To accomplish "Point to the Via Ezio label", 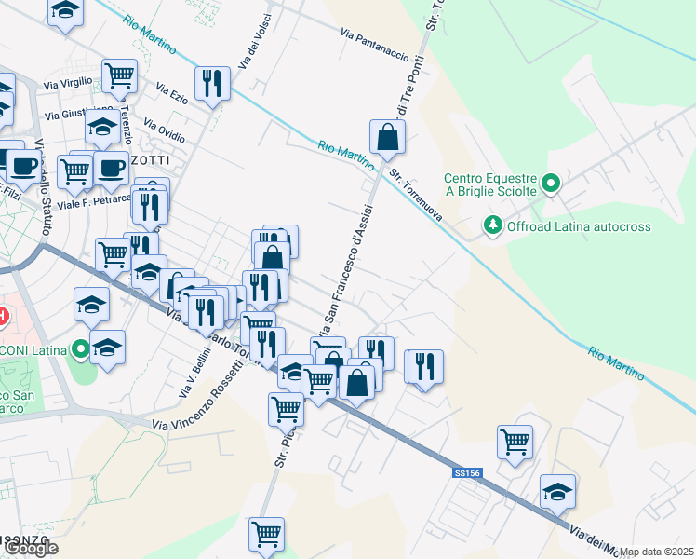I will pos(173,94).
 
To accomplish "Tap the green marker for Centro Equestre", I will pos(550,183).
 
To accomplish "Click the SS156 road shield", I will pos(467,473).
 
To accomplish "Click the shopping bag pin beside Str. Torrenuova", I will pos(386,138).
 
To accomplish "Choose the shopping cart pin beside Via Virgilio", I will pos(120,75).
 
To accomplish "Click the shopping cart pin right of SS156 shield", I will pos(515,442).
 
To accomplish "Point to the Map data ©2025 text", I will pos(655,552).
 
